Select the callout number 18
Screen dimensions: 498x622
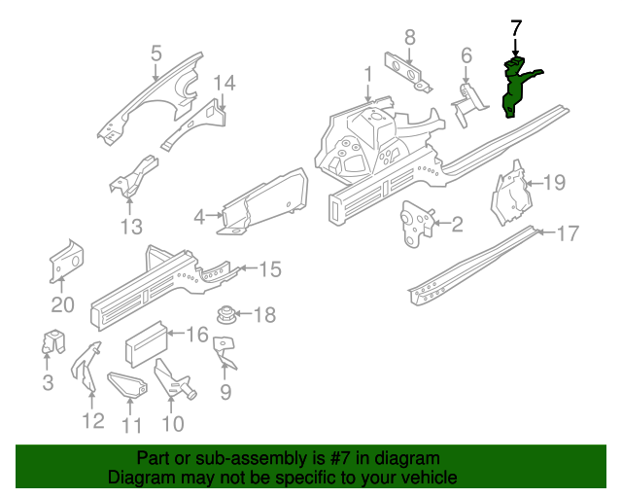(264, 314)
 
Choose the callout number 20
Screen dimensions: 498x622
(62, 304)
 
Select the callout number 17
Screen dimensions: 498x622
(568, 233)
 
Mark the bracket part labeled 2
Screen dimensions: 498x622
(416, 221)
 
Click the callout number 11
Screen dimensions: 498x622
(132, 425)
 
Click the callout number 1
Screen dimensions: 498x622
(368, 75)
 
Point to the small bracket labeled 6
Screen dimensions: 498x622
(470, 97)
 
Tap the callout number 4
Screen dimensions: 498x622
(200, 217)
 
